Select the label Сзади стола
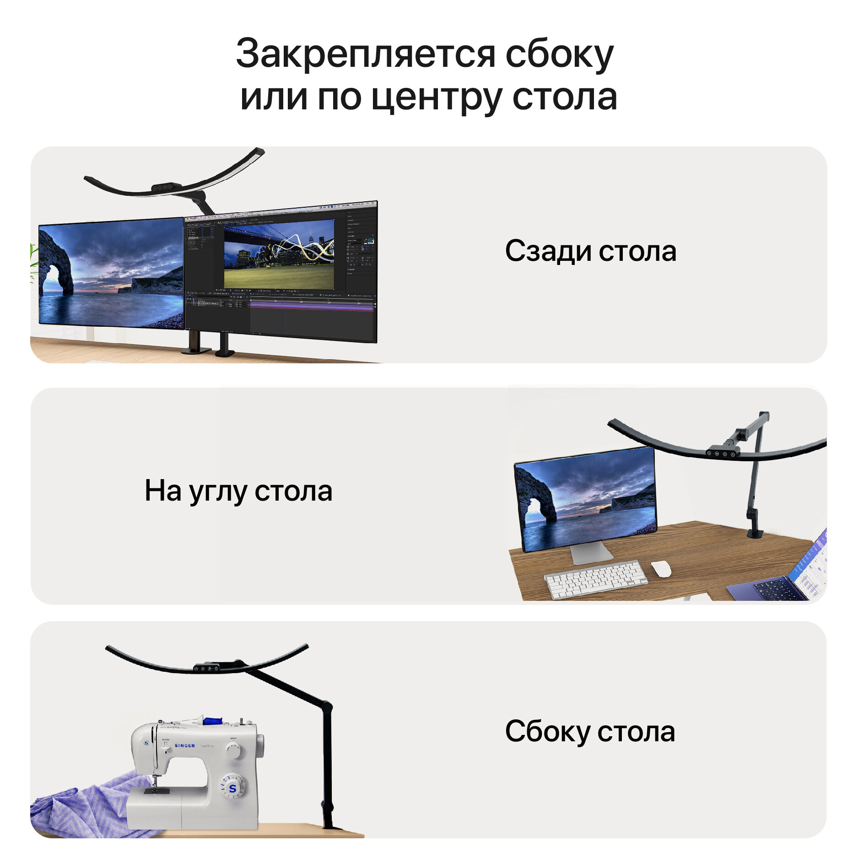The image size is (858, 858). pos(590,251)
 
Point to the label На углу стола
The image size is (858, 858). pos(238,491)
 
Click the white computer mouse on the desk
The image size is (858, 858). pos(661,569)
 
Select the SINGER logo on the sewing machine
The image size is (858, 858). pos(185,745)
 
